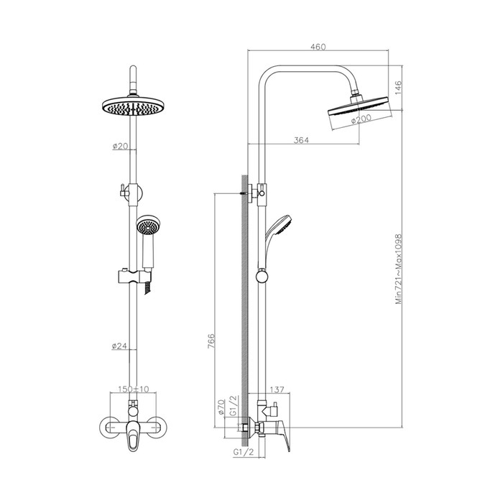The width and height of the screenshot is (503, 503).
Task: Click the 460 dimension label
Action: (318, 47)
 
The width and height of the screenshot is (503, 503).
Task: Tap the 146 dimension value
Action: (398, 88)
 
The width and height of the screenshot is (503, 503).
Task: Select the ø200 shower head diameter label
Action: (361, 119)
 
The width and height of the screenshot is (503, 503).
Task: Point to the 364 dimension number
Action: (301, 140)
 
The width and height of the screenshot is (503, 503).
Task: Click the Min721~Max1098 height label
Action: (398, 269)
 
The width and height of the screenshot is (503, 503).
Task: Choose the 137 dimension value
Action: (277, 389)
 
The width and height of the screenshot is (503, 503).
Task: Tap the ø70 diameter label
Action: (221, 407)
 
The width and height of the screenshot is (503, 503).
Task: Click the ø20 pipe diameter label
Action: (120, 147)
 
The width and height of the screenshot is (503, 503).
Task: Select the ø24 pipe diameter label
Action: (119, 346)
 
